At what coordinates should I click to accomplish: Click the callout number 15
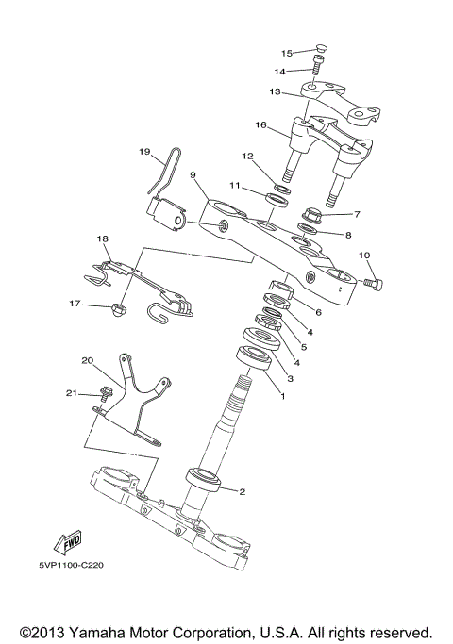[287, 53]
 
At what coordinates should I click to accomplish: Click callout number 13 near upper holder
[275, 92]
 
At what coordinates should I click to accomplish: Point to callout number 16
[260, 124]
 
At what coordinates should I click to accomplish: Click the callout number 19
[144, 151]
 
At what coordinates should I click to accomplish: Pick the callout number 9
[192, 174]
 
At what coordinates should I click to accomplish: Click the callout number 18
[103, 239]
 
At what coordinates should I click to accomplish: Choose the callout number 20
[88, 361]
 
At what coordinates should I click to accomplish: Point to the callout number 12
[247, 156]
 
